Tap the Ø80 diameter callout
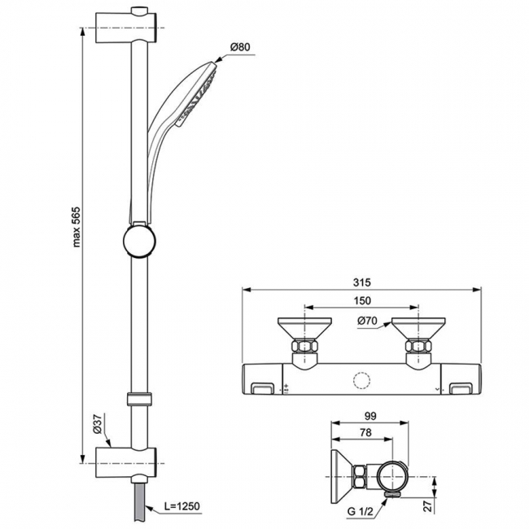[239, 47]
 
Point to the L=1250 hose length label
[181, 506]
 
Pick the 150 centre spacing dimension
[362, 301]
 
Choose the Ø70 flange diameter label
[366, 321]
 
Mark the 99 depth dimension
[369, 414]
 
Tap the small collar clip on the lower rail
[138, 399]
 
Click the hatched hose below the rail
[138, 500]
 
